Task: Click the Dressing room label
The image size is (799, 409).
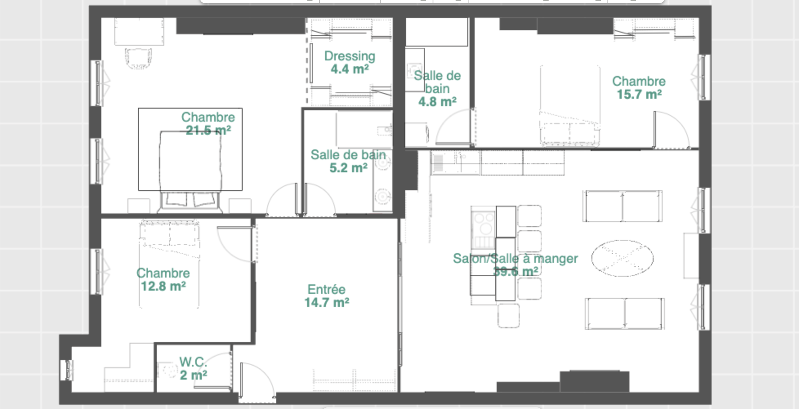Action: coord(350,56)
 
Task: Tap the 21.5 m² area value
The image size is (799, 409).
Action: coord(208,130)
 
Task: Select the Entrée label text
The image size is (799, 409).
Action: coord(326,289)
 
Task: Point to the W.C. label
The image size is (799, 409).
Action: coord(193,362)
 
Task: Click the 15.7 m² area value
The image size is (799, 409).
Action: coord(639,94)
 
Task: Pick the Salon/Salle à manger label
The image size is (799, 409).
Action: coord(516,258)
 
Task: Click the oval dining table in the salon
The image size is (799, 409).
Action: coord(622,258)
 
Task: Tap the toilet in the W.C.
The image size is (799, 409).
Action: coord(168,371)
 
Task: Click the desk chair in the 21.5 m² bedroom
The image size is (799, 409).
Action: coord(138,58)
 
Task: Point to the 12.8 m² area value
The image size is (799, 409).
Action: coord(163,286)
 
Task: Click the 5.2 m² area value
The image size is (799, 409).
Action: coord(348,168)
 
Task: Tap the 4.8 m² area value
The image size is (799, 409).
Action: coord(437,102)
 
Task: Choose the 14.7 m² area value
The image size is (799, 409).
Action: coord(327,302)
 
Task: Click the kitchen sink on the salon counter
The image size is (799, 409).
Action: coord(437,163)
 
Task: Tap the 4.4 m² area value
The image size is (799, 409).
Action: coord(350,69)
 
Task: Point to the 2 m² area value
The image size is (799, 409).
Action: coord(193,375)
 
